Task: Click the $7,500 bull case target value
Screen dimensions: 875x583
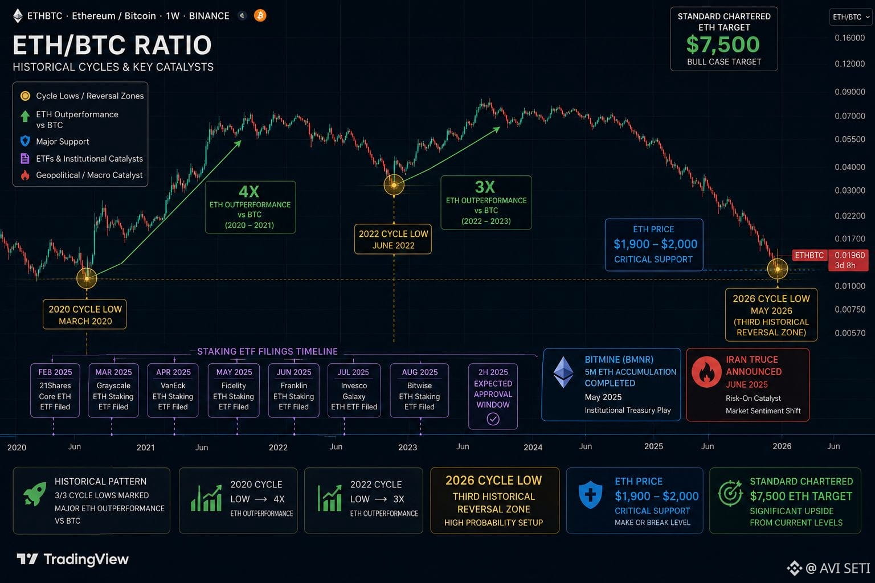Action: coord(723,44)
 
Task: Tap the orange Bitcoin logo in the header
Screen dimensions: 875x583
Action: coord(260,15)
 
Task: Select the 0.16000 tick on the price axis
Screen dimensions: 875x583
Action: coord(849,38)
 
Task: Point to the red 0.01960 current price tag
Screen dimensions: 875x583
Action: coord(848,260)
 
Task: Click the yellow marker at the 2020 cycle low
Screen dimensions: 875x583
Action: coord(87,278)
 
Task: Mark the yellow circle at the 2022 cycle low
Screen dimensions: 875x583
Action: coord(394,185)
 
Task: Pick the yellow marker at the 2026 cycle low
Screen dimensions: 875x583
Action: coord(778,269)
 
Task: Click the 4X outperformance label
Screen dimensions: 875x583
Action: coord(249,192)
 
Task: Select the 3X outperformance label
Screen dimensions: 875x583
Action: coord(485,187)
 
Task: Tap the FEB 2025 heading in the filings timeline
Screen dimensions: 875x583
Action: coord(55,372)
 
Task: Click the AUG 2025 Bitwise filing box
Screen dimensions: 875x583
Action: coord(419,390)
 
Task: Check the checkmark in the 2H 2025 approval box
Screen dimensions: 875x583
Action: coord(493,419)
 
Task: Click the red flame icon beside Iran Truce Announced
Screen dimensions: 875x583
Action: coord(706,372)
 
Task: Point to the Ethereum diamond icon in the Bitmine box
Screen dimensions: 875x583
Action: coord(563,372)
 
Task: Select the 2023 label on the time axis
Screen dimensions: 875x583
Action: coord(407,447)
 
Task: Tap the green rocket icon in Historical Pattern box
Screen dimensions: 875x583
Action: coord(35,493)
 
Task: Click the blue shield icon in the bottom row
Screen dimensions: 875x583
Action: coord(590,495)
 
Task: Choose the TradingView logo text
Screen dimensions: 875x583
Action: coord(86,559)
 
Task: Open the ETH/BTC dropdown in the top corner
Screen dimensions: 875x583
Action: coord(851,17)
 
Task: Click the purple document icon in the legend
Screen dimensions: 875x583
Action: coord(25,158)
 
